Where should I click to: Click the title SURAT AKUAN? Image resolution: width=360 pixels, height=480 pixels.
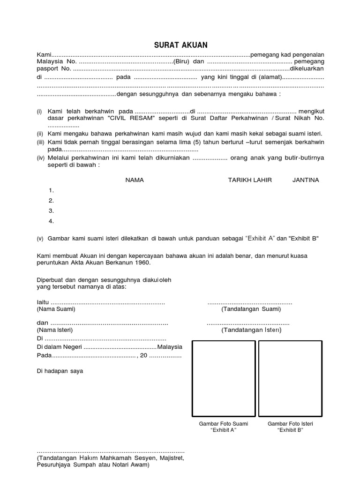(180, 45)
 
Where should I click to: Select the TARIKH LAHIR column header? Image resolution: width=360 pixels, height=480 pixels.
(250, 180)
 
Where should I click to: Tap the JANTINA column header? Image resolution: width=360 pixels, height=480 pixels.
(306, 180)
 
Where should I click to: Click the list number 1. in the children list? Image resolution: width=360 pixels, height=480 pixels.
(51, 190)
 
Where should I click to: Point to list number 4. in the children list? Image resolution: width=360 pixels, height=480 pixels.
(51, 221)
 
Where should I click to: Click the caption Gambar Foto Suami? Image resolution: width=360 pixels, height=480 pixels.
(224, 424)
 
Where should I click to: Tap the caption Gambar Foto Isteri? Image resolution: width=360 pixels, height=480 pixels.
(290, 424)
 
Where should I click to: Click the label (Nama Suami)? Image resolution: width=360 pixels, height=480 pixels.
(55, 309)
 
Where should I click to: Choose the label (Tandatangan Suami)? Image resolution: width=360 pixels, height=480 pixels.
(251, 309)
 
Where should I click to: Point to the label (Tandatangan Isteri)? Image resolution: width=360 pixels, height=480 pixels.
(251, 330)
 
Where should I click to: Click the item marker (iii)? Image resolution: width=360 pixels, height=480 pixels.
(41, 142)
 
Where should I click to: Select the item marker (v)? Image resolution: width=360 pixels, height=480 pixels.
(40, 239)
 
